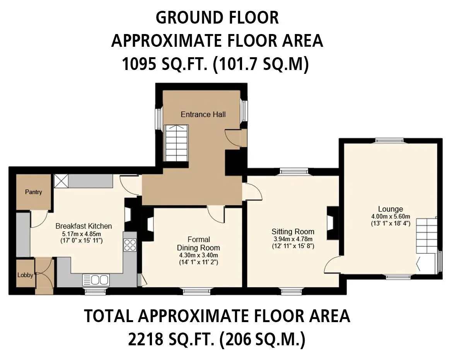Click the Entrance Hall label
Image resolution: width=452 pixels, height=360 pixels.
click(203, 114)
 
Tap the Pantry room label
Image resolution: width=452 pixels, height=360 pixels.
click(33, 192)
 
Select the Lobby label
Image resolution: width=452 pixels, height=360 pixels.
click(25, 275)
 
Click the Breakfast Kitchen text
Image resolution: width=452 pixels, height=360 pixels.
click(84, 226)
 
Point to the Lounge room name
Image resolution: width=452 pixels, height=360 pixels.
click(390, 209)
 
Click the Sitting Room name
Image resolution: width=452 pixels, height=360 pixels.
click(293, 232)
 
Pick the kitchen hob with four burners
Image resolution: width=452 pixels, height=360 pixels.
click(130, 245)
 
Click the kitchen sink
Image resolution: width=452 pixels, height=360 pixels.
click(96, 280)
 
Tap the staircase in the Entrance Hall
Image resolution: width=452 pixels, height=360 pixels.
click(176, 143)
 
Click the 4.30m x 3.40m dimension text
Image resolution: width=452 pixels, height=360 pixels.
click(199, 255)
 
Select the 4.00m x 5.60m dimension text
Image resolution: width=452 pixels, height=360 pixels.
click(391, 217)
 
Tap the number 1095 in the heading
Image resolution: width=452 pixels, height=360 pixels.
click(139, 64)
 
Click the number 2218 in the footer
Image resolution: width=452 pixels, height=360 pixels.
click(146, 339)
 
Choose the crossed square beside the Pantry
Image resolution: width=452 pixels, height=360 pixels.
click(61, 181)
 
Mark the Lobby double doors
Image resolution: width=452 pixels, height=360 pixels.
click(44, 276)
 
